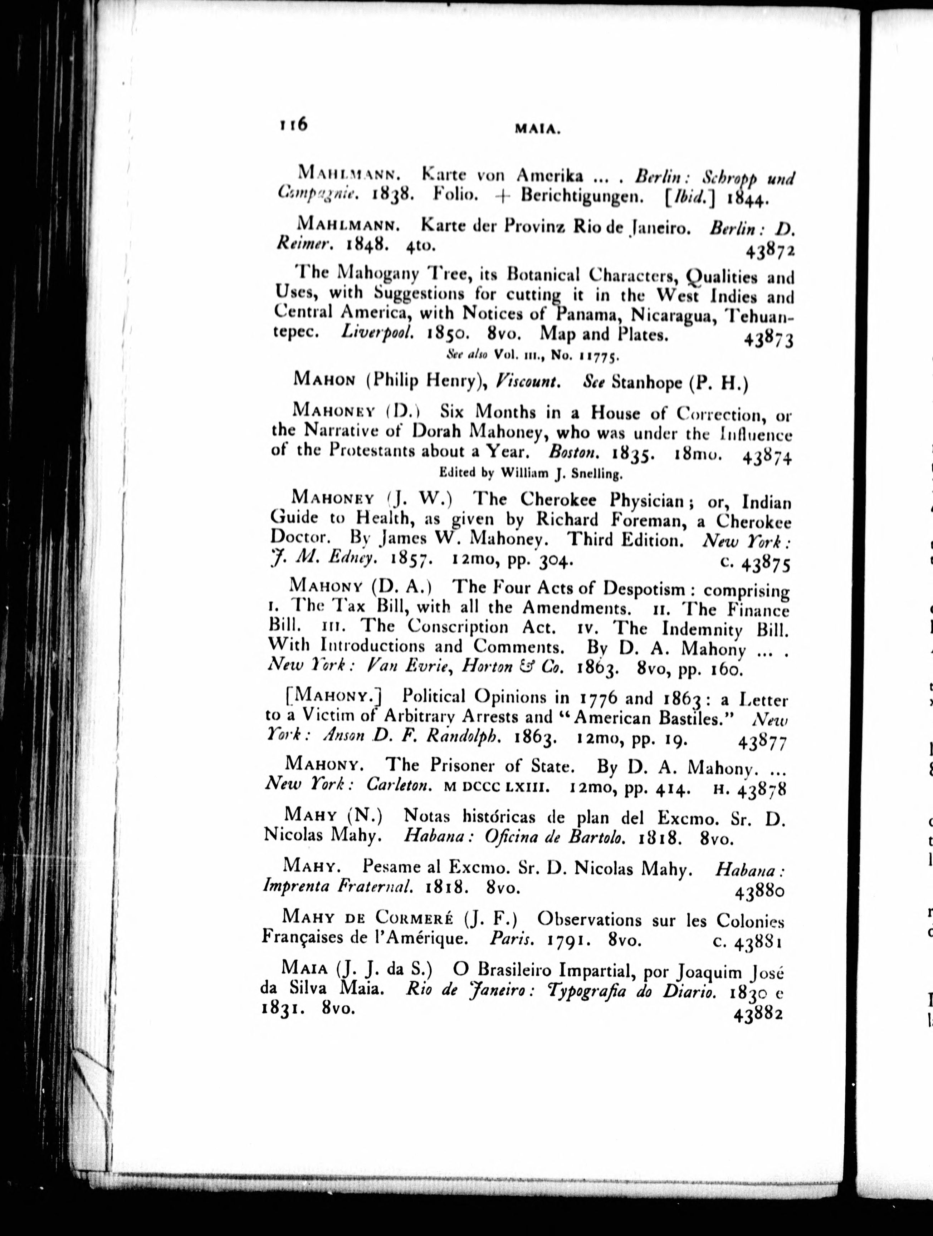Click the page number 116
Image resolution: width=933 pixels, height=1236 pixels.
pos(293,124)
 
